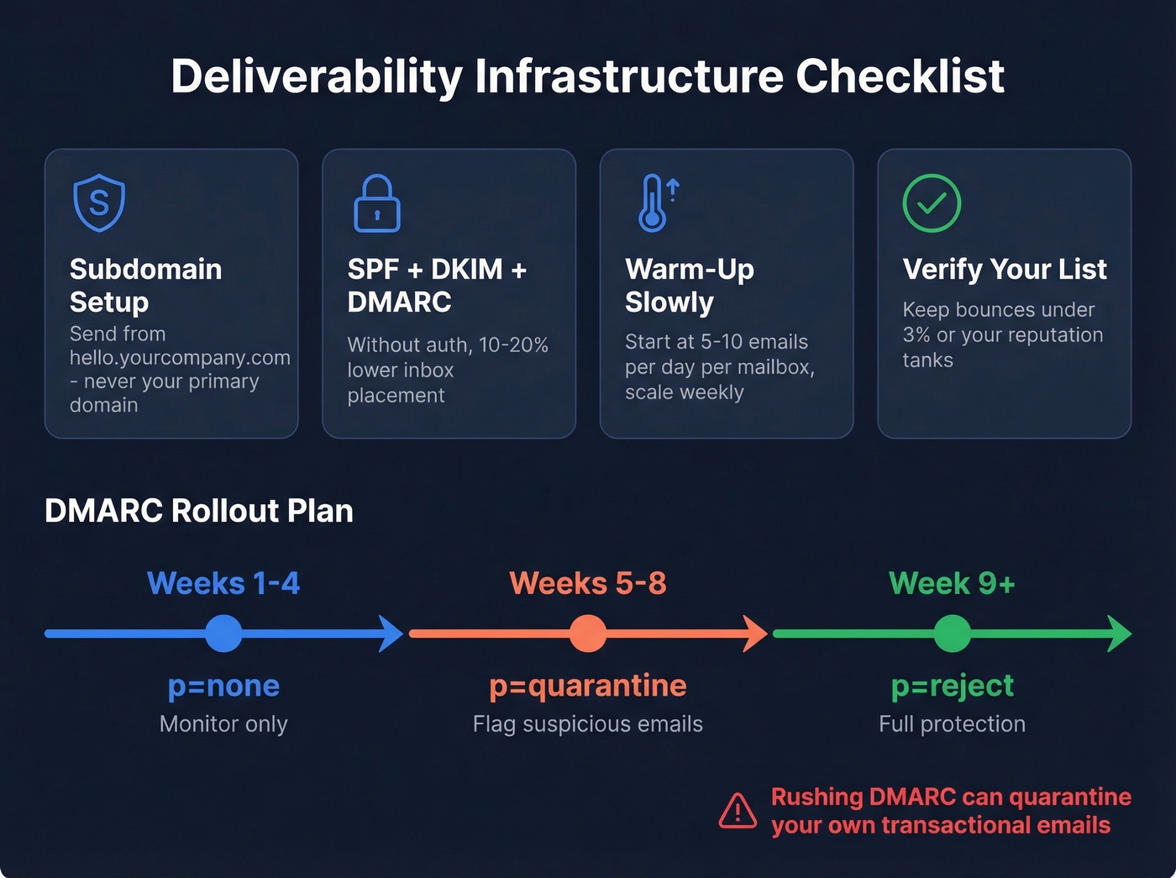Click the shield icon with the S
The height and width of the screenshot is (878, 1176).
(x=99, y=202)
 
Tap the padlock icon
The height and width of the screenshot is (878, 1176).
(x=376, y=204)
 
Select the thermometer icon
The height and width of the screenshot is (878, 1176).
(x=654, y=203)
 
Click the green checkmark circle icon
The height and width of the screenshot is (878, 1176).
(x=932, y=203)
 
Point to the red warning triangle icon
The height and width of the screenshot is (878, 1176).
(x=738, y=811)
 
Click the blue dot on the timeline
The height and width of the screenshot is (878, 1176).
(x=223, y=634)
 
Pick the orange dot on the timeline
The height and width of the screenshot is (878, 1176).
(x=588, y=634)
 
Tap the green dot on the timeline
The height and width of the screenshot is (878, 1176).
(x=952, y=634)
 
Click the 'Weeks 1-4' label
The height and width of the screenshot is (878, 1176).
(x=223, y=583)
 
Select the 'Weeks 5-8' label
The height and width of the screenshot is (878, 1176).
(x=588, y=583)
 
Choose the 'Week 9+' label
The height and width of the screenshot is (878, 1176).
(x=952, y=583)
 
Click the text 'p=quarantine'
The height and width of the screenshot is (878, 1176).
(x=588, y=686)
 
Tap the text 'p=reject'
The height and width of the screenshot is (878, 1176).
(x=952, y=686)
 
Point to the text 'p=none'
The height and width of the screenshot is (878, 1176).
(x=223, y=686)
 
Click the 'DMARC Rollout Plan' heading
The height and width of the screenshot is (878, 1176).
(x=199, y=511)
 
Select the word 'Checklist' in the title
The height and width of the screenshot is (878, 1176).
(x=900, y=76)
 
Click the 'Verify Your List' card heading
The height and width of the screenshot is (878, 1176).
(x=1005, y=269)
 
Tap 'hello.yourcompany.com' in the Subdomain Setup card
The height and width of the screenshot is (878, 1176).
(x=180, y=358)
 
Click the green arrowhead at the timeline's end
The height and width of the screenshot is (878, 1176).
(x=1121, y=634)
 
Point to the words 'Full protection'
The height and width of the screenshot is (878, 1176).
(x=952, y=724)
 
